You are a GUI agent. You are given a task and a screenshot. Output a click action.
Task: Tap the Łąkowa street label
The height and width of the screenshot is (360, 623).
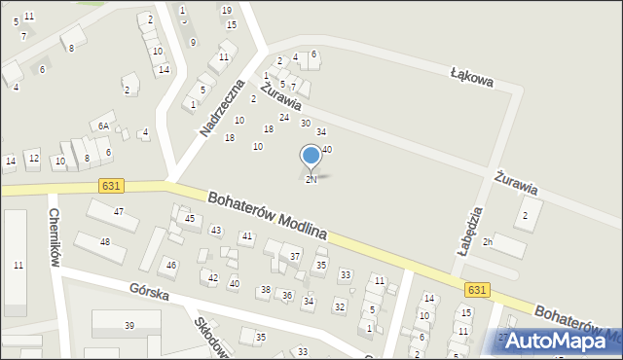point(472,77)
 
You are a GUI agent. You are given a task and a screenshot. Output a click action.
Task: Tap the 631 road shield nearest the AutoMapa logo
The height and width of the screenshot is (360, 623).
point(477,290)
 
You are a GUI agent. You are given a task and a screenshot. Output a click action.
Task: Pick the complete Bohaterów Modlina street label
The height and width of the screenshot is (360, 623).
point(267,216)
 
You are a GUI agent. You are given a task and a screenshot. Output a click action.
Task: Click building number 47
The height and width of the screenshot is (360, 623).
point(119,211)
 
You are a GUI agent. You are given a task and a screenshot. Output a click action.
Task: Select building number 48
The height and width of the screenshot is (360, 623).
point(105,241)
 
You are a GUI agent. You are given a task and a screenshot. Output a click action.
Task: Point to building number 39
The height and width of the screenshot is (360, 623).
point(128,325)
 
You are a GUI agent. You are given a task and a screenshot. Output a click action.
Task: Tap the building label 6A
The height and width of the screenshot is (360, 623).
point(101,126)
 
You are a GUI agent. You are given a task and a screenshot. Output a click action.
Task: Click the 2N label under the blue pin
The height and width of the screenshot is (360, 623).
point(311,180)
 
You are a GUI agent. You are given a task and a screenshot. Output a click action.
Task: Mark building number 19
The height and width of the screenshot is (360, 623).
point(227,10)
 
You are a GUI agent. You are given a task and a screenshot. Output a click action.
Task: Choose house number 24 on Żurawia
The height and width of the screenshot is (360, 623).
point(284,117)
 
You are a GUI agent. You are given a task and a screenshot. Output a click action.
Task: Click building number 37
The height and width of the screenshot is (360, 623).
point(294,256)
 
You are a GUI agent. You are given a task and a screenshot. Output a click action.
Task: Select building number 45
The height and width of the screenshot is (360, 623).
point(190,219)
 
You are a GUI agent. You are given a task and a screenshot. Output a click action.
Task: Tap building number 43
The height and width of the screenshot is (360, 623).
point(216,230)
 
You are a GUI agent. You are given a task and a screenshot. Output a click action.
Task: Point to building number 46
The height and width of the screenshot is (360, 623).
point(171,265)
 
